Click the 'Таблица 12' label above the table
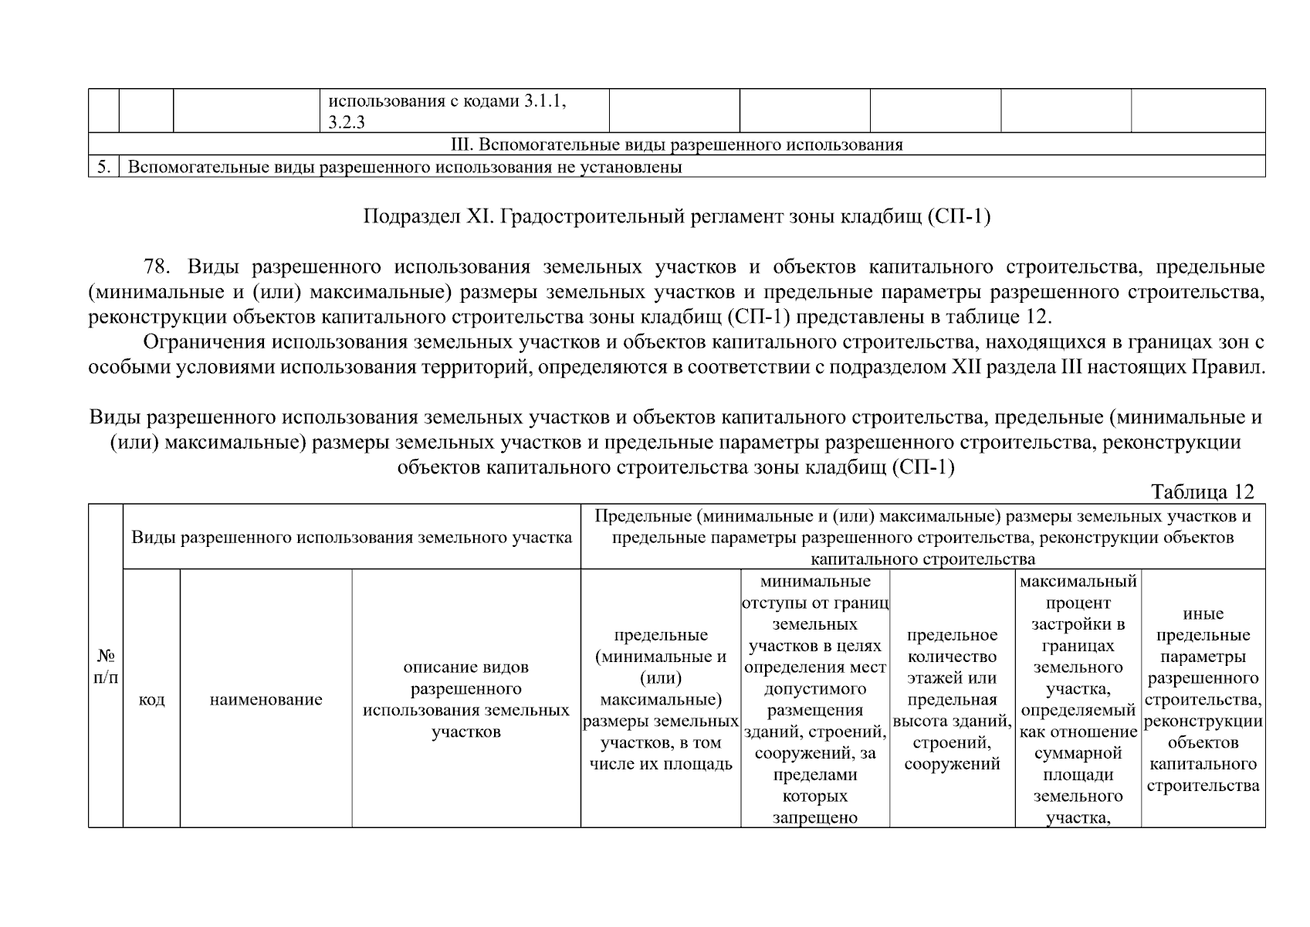pyautogui.click(x=1202, y=491)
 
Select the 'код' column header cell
pyautogui.click(x=151, y=700)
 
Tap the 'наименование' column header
pyautogui.click(x=266, y=700)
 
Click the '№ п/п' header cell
pyautogui.click(x=106, y=666)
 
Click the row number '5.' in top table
pyautogui.click(x=103, y=167)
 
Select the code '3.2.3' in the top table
pyautogui.click(x=346, y=122)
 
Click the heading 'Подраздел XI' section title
pyautogui.click(x=676, y=217)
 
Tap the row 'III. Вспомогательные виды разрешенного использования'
pyautogui.click(x=676, y=144)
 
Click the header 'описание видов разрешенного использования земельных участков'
pyautogui.click(x=466, y=699)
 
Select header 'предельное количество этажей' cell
pyautogui.click(x=952, y=699)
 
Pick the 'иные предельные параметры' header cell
pyautogui.click(x=1203, y=699)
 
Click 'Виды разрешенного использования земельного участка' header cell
pyautogui.click(x=351, y=537)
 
